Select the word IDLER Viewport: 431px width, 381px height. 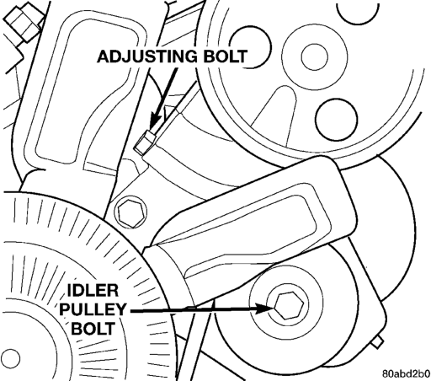tap(93, 290)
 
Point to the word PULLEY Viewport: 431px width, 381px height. tap(93, 309)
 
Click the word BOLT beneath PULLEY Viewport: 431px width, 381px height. tap(93, 328)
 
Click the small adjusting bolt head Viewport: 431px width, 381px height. tap(145, 142)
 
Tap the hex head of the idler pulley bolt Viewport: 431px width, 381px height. tap(289, 305)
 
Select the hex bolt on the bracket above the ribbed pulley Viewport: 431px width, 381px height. tap(131, 211)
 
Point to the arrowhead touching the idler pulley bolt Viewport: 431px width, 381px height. tap(263, 309)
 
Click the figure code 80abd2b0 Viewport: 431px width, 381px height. tap(406, 374)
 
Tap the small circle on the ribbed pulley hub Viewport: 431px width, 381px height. tap(11, 358)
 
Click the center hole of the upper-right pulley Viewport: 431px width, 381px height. tap(314, 56)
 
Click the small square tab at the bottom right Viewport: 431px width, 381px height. tap(378, 342)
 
